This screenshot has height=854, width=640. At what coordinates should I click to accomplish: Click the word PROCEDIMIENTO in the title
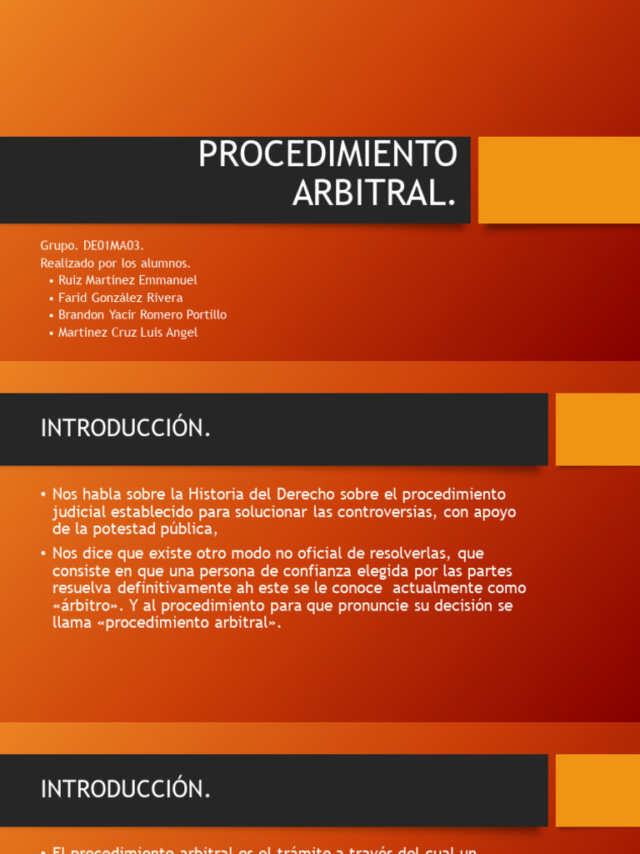(x=327, y=154)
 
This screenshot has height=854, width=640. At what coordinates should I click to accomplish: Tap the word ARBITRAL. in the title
(x=374, y=193)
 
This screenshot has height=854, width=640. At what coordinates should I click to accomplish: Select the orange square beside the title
(x=558, y=180)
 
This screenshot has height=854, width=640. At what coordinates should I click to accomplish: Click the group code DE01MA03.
(x=113, y=245)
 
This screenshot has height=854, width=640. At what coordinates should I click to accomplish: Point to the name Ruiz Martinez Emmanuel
(x=127, y=280)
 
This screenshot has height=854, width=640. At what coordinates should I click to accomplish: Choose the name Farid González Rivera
(x=120, y=298)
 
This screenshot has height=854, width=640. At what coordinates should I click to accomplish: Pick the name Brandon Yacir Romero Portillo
(x=142, y=314)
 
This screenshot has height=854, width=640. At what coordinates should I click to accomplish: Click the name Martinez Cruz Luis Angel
(x=127, y=332)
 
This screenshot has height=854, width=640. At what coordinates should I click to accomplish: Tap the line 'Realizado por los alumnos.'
(x=116, y=263)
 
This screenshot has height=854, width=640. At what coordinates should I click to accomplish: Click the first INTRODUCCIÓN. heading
(x=126, y=428)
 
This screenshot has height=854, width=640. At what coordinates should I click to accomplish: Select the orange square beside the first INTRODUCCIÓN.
(x=597, y=429)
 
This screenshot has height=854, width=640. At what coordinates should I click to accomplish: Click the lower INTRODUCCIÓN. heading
(x=126, y=790)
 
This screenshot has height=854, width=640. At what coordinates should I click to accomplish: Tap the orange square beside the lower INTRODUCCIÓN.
(x=597, y=790)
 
